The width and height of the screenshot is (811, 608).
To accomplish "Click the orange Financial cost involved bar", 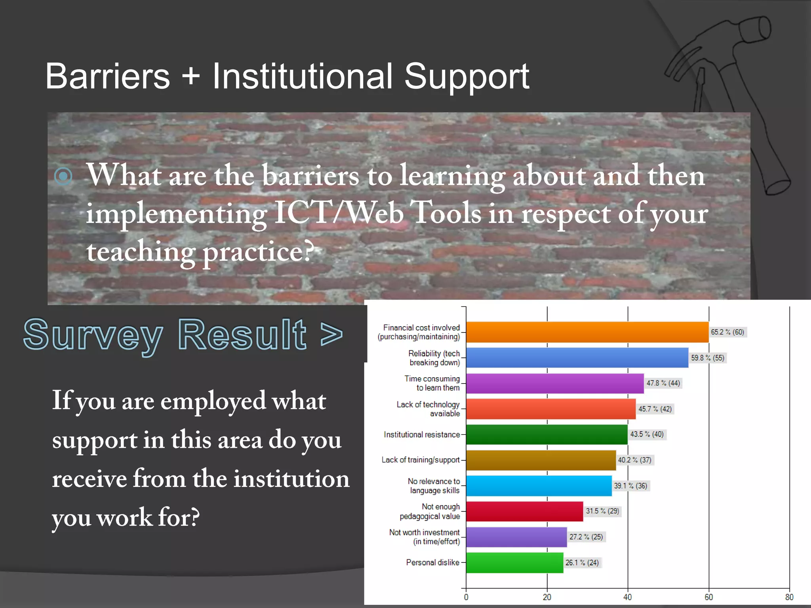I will pyautogui.click(x=587, y=332).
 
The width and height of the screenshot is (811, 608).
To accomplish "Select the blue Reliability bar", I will pyautogui.click(x=577, y=357).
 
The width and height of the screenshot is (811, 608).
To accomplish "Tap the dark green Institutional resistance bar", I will pyautogui.click(x=546, y=434).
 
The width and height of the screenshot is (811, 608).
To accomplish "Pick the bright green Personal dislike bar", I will pyautogui.click(x=514, y=562).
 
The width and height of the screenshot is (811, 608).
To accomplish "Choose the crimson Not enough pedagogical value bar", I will pyautogui.click(x=524, y=511).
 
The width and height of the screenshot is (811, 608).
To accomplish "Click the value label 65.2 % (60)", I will pyautogui.click(x=727, y=332).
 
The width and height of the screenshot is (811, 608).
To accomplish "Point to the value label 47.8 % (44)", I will pyautogui.click(x=663, y=383).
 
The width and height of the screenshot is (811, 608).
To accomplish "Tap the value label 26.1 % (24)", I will pyautogui.click(x=582, y=562).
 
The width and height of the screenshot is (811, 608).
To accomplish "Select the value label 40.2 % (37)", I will pyautogui.click(x=635, y=460).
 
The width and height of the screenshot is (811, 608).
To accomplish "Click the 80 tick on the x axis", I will pyautogui.click(x=789, y=597).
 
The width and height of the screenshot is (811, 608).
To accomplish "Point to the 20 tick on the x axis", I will pyautogui.click(x=547, y=597).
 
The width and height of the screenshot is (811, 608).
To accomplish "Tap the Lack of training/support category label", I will pyautogui.click(x=421, y=460).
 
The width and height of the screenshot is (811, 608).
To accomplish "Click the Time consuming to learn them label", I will pyautogui.click(x=432, y=383).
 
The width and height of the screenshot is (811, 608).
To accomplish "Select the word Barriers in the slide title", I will pyautogui.click(x=107, y=76).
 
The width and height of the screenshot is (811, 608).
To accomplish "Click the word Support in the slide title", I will pyautogui.click(x=466, y=77).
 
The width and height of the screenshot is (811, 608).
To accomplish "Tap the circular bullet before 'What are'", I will pyautogui.click(x=63, y=176).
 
